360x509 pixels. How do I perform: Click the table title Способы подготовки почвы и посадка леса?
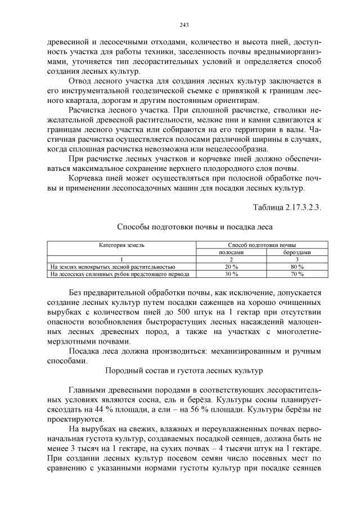[195, 228]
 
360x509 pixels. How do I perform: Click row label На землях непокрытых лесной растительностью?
[112, 267]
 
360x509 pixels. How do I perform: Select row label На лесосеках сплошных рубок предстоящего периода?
[119, 274]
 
